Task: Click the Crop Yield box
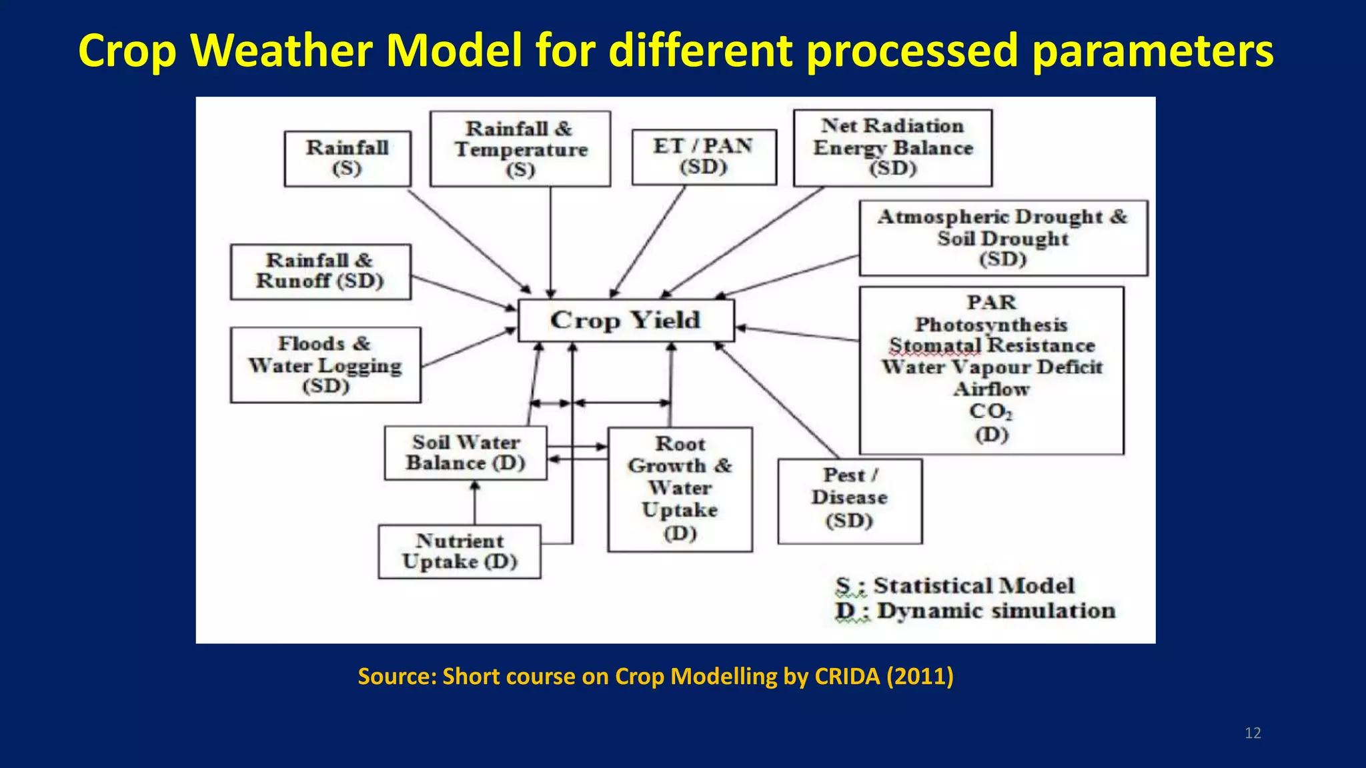tap(626, 321)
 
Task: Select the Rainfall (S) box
tap(347, 158)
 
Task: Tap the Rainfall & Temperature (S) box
tap(520, 149)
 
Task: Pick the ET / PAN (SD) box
tap(704, 157)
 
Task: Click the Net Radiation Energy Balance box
tap(892, 147)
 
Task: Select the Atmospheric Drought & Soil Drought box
tap(1002, 237)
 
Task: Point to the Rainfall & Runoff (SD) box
tap(320, 271)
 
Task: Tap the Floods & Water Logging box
tap(325, 365)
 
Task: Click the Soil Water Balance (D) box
tap(466, 453)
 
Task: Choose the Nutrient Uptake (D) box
tap(459, 551)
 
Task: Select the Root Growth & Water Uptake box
tap(680, 489)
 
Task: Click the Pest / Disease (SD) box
tap(849, 500)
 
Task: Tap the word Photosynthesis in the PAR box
tap(991, 325)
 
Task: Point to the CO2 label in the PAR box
tap(990, 411)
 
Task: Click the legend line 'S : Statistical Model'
tap(955, 586)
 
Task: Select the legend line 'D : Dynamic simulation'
tap(975, 611)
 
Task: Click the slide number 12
tap(1253, 733)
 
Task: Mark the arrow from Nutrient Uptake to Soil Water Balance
tap(475, 503)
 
